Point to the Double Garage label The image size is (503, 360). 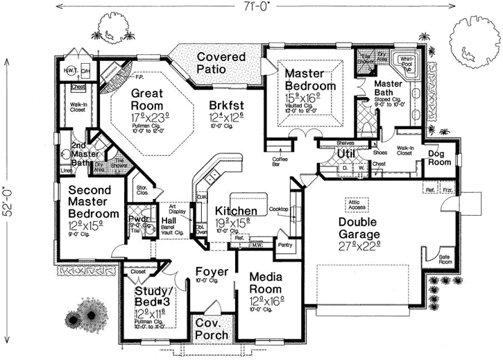366,222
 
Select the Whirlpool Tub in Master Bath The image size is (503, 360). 403,65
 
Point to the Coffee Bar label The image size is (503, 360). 282,161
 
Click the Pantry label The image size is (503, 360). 284,244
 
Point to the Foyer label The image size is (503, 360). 207,271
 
